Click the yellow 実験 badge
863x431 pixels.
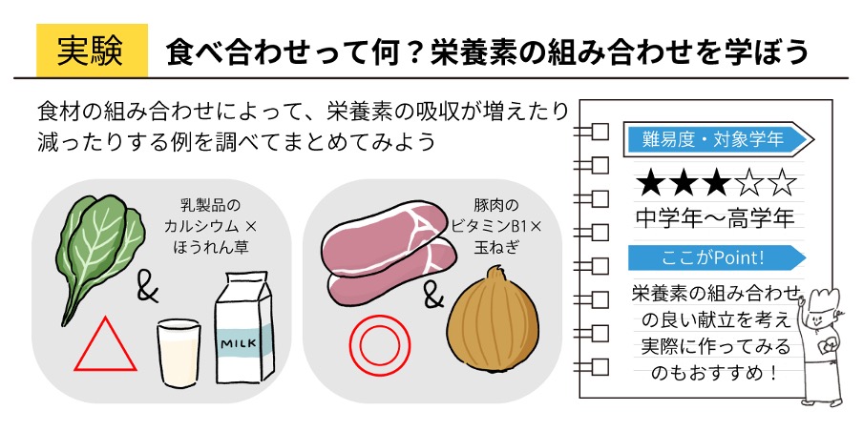click(92, 51)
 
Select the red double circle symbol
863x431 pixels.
click(379, 344)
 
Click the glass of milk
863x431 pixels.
click(179, 350)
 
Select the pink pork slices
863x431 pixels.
click(390, 250)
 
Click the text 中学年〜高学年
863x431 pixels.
click(715, 218)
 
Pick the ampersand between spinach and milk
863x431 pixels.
click(147, 292)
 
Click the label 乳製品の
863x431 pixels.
click(211, 206)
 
